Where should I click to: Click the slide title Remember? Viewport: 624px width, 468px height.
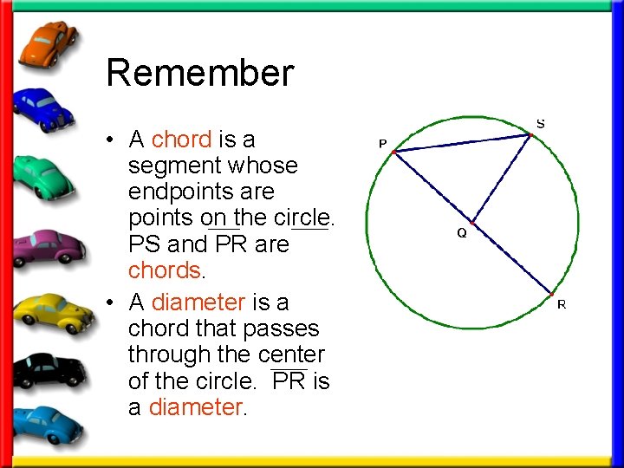(199, 73)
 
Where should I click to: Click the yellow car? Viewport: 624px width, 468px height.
(52, 313)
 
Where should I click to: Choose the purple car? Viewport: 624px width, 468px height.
(50, 245)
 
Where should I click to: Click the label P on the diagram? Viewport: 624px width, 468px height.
(382, 143)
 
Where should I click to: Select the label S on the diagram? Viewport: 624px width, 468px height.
(541, 124)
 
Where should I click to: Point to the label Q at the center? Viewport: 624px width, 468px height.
(462, 233)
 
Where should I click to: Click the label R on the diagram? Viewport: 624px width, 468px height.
(562, 304)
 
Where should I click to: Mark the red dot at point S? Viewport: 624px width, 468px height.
(531, 134)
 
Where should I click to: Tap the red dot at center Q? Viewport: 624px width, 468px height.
(473, 223)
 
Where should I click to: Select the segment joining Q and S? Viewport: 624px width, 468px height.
(503, 178)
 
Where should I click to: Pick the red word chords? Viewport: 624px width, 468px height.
(165, 270)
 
